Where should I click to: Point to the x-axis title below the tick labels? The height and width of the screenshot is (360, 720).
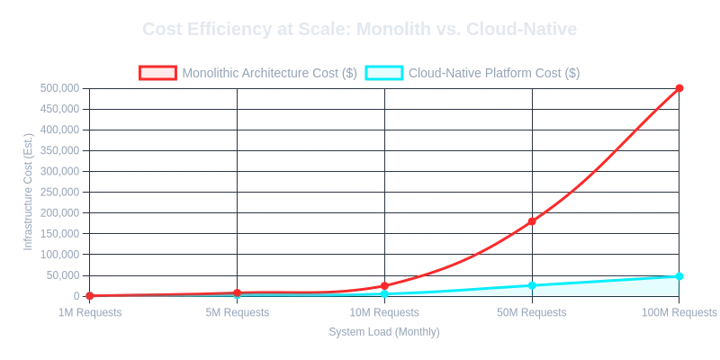click(382, 331)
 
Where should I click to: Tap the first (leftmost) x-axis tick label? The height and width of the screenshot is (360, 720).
click(89, 310)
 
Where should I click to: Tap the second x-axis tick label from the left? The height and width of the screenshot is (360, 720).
click(237, 310)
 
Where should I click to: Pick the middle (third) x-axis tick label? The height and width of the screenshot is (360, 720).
click(384, 310)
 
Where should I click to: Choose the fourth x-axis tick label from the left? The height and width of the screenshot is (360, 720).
click(532, 310)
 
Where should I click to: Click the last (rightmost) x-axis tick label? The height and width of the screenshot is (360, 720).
click(679, 310)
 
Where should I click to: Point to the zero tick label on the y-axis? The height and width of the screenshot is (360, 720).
click(74, 295)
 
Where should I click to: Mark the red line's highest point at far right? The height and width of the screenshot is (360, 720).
click(679, 87)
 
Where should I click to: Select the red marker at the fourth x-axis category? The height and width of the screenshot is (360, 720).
click(532, 220)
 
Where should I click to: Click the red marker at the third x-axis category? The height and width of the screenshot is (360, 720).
click(384, 285)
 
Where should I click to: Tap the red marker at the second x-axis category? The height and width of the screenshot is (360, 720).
click(237, 292)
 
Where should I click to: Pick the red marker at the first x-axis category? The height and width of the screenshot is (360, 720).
click(89, 295)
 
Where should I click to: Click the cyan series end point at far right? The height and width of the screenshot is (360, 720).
click(679, 274)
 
